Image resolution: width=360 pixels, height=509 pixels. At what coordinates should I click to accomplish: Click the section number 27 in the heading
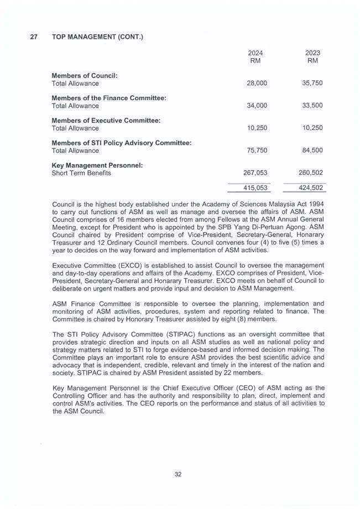click(34, 37)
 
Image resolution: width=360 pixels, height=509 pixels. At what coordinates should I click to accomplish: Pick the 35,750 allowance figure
click(312, 84)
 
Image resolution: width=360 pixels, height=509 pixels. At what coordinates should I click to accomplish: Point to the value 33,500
click(312, 106)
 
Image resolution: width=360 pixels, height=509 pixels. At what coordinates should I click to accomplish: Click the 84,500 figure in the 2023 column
click(312, 150)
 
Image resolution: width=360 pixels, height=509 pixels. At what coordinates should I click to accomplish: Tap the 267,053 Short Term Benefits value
click(255, 173)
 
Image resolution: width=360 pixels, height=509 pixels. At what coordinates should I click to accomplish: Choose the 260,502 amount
click(311, 173)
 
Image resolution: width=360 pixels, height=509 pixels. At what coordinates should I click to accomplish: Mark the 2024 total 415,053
click(255, 188)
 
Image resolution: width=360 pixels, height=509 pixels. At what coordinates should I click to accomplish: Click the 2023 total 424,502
click(311, 188)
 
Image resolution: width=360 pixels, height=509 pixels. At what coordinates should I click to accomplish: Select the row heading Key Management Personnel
click(97, 165)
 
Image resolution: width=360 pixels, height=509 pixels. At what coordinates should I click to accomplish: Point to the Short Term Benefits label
click(81, 173)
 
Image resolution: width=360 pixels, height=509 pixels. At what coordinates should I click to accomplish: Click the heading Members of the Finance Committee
click(109, 98)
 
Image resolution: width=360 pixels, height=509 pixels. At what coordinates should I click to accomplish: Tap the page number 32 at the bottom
click(178, 474)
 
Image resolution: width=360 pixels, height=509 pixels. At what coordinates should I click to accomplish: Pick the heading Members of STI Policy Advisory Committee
click(122, 143)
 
